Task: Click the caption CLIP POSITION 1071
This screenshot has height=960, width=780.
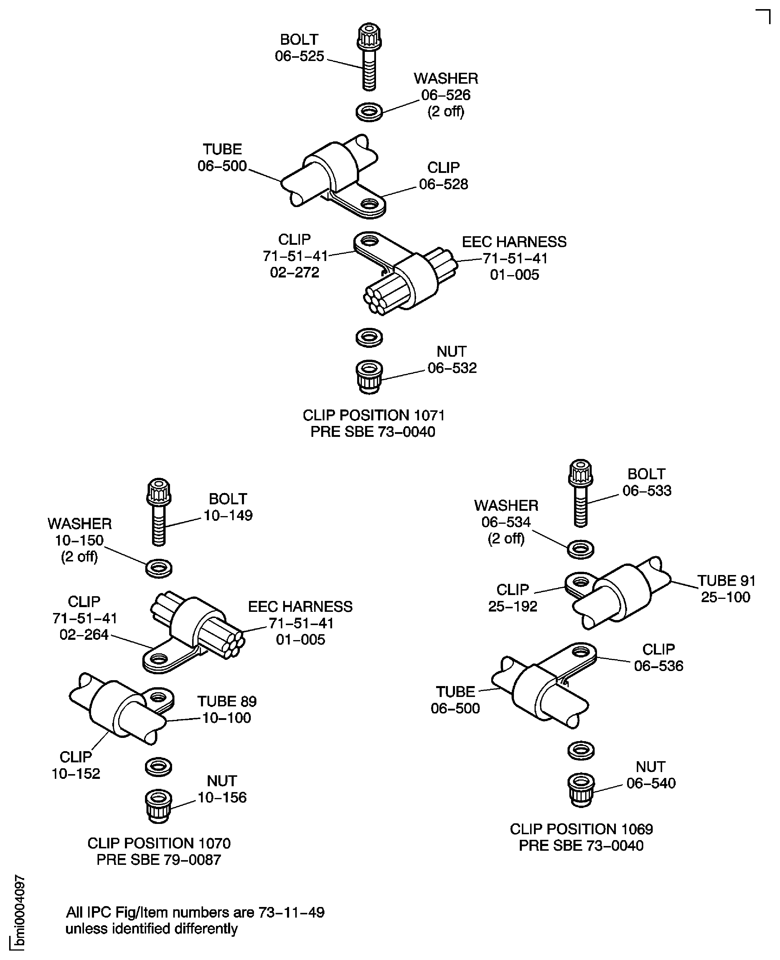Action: tap(373, 415)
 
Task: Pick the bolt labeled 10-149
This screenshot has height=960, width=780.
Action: tap(159, 512)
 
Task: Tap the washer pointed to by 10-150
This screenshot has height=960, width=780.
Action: tap(159, 568)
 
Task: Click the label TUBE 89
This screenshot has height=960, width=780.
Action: tap(227, 701)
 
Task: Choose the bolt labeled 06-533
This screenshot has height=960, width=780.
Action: tap(581, 493)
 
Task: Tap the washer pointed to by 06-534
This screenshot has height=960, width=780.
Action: tap(581, 549)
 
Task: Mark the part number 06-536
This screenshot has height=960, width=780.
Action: tap(658, 666)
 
